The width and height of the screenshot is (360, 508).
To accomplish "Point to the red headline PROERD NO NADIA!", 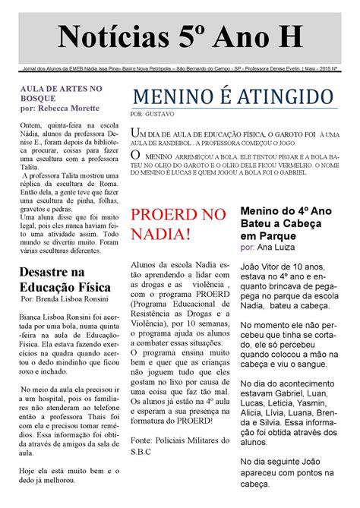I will click(x=179, y=225).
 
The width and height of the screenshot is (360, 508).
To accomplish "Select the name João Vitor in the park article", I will click(x=261, y=267).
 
